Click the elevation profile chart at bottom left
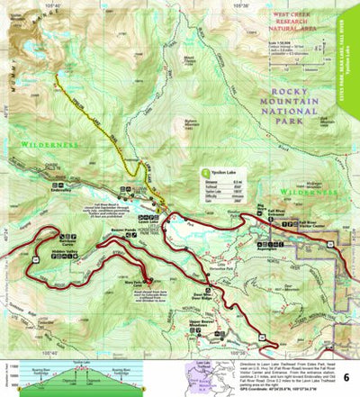[72, 377]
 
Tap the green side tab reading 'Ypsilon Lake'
[350, 63]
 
